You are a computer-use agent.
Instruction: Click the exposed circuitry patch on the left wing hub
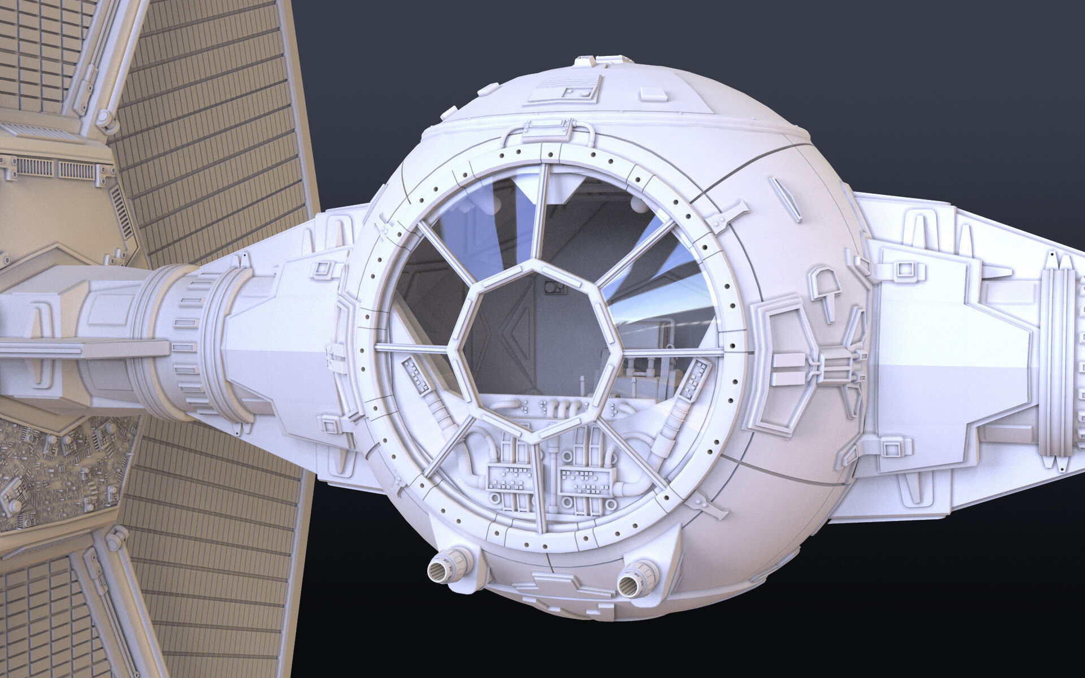62,469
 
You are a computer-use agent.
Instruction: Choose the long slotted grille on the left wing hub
57,167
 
